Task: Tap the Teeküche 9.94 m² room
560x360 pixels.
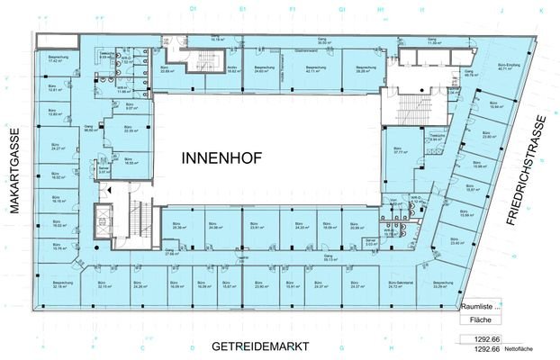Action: click(437, 138)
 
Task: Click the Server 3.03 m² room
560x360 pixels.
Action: click(369, 242)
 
